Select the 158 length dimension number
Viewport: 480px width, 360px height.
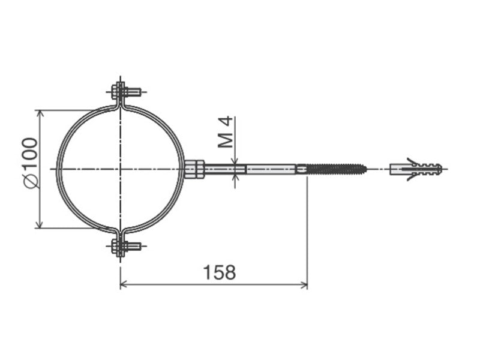click(x=218, y=272)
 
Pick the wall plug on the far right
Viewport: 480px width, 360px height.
click(x=415, y=169)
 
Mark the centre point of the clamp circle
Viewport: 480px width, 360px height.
click(x=121, y=169)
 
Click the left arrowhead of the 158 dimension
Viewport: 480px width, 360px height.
click(x=124, y=284)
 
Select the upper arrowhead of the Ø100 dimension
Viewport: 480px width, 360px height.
click(x=40, y=113)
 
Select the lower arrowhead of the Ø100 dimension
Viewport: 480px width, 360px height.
click(x=40, y=225)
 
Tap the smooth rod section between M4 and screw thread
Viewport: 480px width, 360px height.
click(x=270, y=169)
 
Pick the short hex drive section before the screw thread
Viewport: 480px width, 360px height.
click(x=301, y=169)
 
